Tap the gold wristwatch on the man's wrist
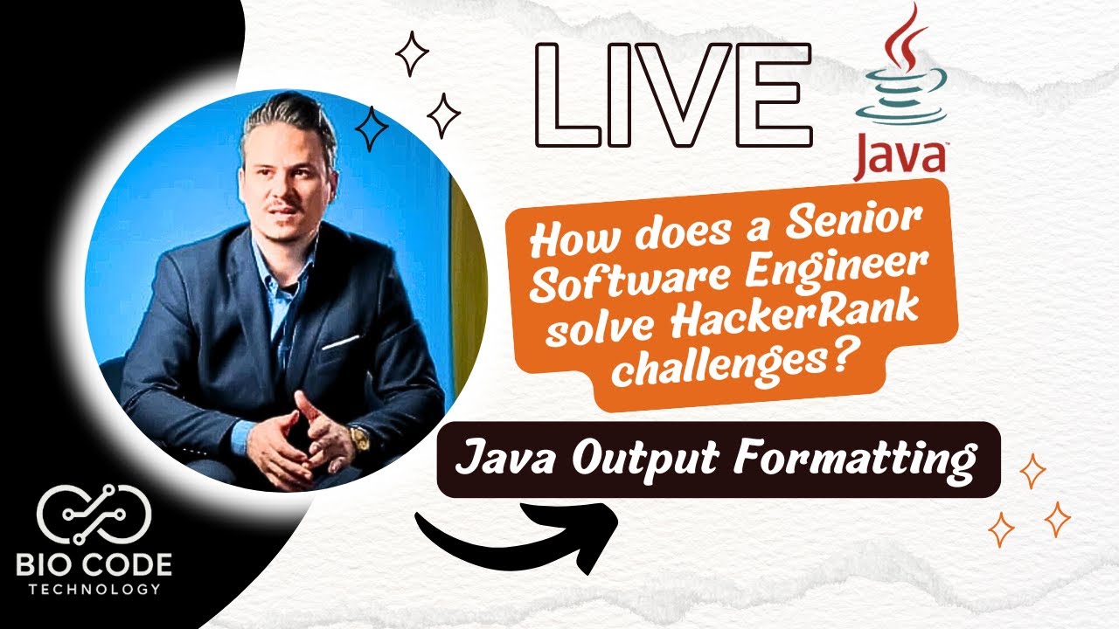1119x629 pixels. pos(358,437)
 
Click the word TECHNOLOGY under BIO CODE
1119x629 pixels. pos(95,589)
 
